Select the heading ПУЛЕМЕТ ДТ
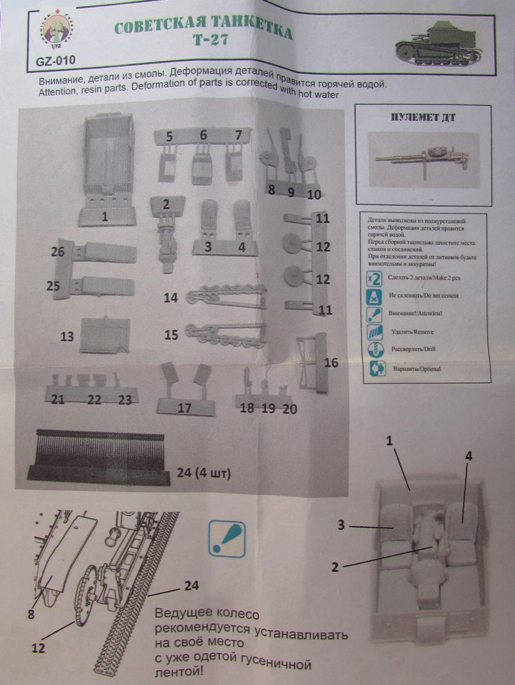[x=423, y=119]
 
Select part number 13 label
[x=67, y=337]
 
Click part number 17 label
[x=184, y=408]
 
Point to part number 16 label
[x=331, y=363]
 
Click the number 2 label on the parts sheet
[x=166, y=204]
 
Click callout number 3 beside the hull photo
[x=341, y=525]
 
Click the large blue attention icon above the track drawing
[x=227, y=537]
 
